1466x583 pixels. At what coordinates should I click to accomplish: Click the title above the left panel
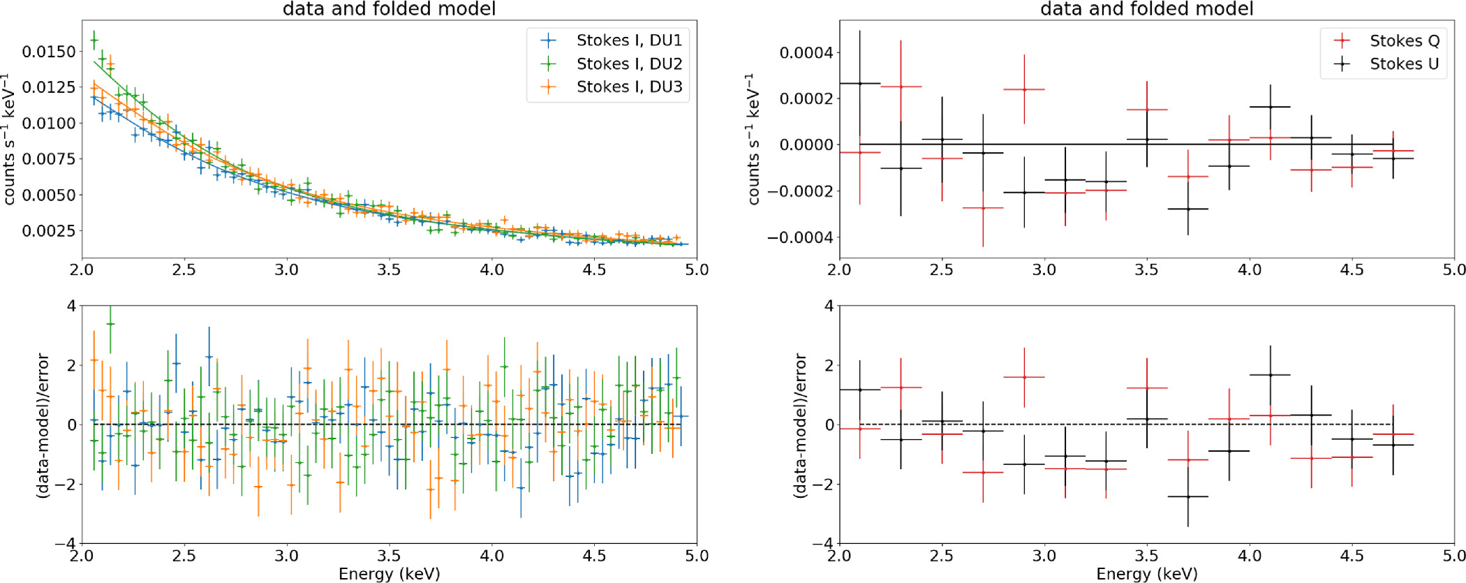click(x=389, y=9)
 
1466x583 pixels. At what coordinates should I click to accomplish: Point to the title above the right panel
click(x=1146, y=9)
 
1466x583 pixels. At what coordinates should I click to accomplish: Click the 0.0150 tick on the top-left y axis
click(x=49, y=52)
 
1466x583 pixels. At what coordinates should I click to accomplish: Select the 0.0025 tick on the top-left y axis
click(x=49, y=231)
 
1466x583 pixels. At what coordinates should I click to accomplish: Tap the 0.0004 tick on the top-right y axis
click(x=806, y=53)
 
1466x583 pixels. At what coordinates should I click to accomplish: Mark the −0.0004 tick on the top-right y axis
click(x=801, y=238)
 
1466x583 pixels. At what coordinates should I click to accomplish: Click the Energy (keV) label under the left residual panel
click(x=389, y=574)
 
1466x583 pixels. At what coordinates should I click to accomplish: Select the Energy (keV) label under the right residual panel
click(x=1146, y=574)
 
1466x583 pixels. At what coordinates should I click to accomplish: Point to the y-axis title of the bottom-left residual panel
click(x=43, y=425)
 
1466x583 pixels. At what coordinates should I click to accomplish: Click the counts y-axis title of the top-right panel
click(x=753, y=139)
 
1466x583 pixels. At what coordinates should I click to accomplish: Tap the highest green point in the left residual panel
click(x=110, y=324)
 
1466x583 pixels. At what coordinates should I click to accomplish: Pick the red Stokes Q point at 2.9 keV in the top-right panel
click(x=1024, y=89)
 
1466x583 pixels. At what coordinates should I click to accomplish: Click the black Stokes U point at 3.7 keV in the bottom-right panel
click(x=1188, y=496)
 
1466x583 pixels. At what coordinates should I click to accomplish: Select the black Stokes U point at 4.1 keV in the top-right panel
click(x=1271, y=107)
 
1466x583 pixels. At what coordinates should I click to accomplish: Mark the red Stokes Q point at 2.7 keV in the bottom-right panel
click(x=983, y=473)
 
